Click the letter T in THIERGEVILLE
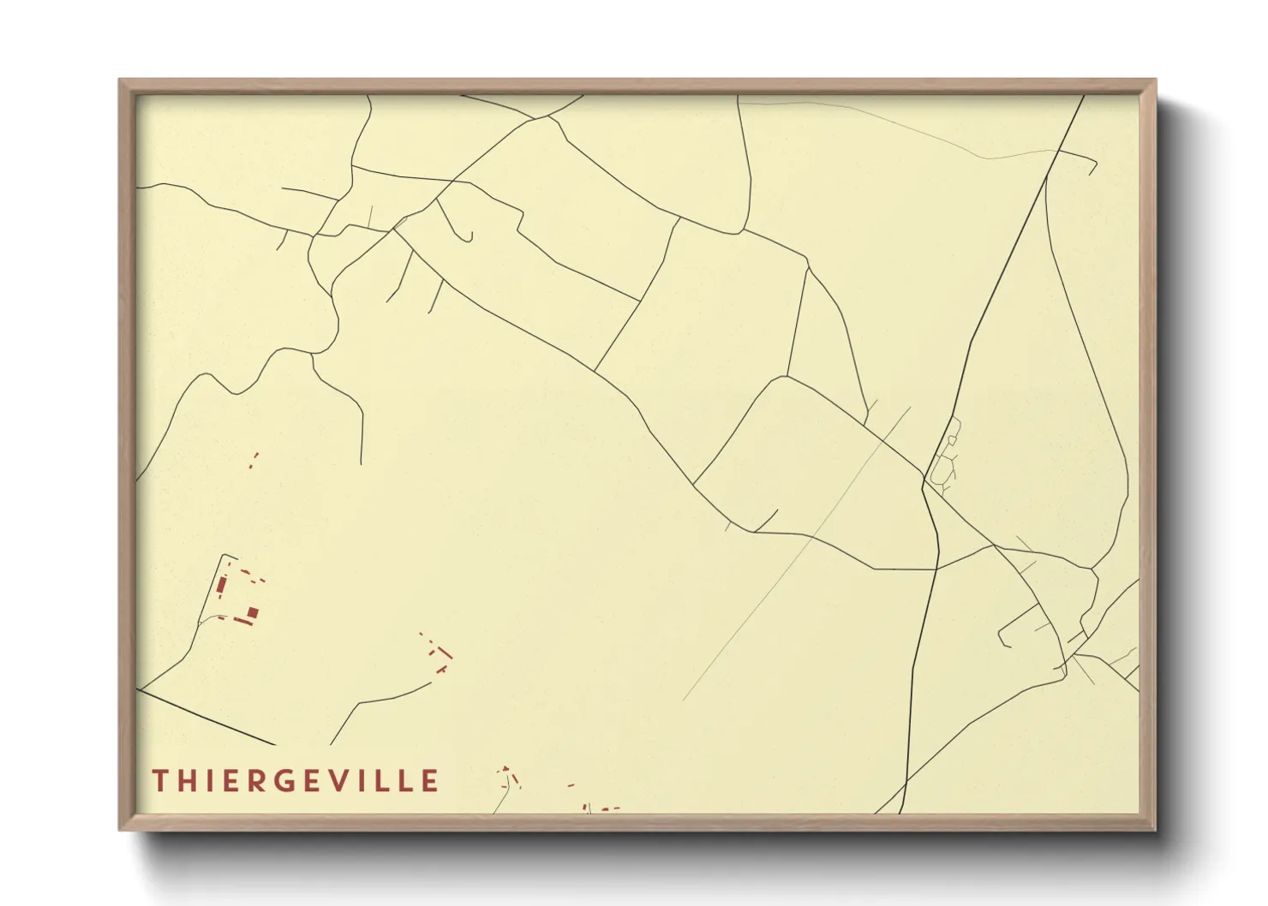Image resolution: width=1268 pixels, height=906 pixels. [159, 781]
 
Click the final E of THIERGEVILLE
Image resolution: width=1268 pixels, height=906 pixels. [430, 781]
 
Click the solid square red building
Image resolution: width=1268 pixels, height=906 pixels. [253, 612]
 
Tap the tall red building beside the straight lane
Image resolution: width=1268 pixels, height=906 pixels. [221, 587]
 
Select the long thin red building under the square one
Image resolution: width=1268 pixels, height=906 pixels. [244, 622]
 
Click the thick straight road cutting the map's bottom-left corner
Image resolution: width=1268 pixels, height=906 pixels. [206, 717]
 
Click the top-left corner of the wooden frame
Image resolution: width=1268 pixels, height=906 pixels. [120, 80]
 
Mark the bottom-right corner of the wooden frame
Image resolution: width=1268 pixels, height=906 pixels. [1155, 829]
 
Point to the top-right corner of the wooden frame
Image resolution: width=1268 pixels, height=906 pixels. [1155, 80]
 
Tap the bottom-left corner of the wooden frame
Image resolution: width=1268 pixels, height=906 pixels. [120, 829]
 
